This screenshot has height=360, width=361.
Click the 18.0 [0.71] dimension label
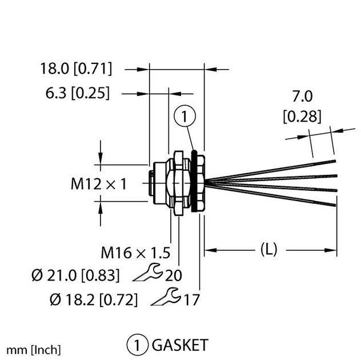(76, 69)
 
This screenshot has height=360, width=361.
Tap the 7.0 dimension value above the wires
(302, 95)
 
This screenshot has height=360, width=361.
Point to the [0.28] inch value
(302, 117)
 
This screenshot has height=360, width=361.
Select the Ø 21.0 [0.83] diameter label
(76, 275)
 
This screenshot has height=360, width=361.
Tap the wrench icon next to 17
(166, 296)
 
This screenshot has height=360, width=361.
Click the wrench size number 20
(173, 275)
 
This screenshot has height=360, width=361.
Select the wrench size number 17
(190, 298)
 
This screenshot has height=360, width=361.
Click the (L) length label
(269, 249)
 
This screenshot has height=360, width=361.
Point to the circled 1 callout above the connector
(185, 118)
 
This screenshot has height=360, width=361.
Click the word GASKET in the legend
(179, 345)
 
